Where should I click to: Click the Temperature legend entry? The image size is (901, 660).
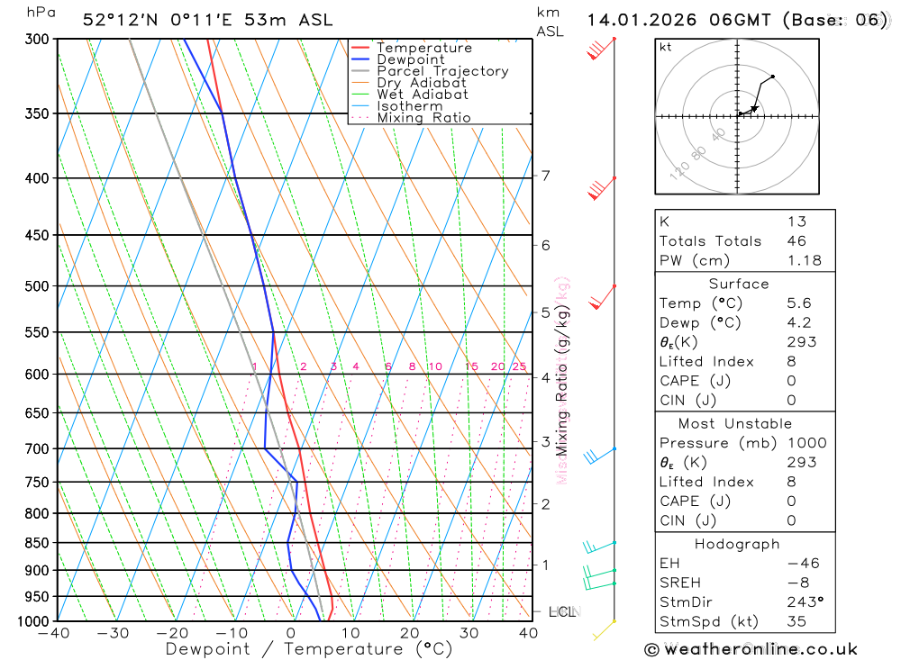[423, 48]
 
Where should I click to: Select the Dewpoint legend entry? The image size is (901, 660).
[410, 59]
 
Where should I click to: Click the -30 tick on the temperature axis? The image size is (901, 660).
[114, 633]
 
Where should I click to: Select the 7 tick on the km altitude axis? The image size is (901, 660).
[545, 176]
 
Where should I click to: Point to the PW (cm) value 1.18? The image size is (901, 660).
[804, 260]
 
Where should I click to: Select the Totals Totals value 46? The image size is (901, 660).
[796, 240]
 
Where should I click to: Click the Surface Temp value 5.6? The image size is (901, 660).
[799, 303]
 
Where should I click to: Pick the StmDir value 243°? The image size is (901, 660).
[804, 601]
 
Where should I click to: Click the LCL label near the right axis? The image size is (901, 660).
[561, 612]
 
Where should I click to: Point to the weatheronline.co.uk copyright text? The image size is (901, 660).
[751, 649]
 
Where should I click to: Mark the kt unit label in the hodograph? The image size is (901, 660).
[665, 47]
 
